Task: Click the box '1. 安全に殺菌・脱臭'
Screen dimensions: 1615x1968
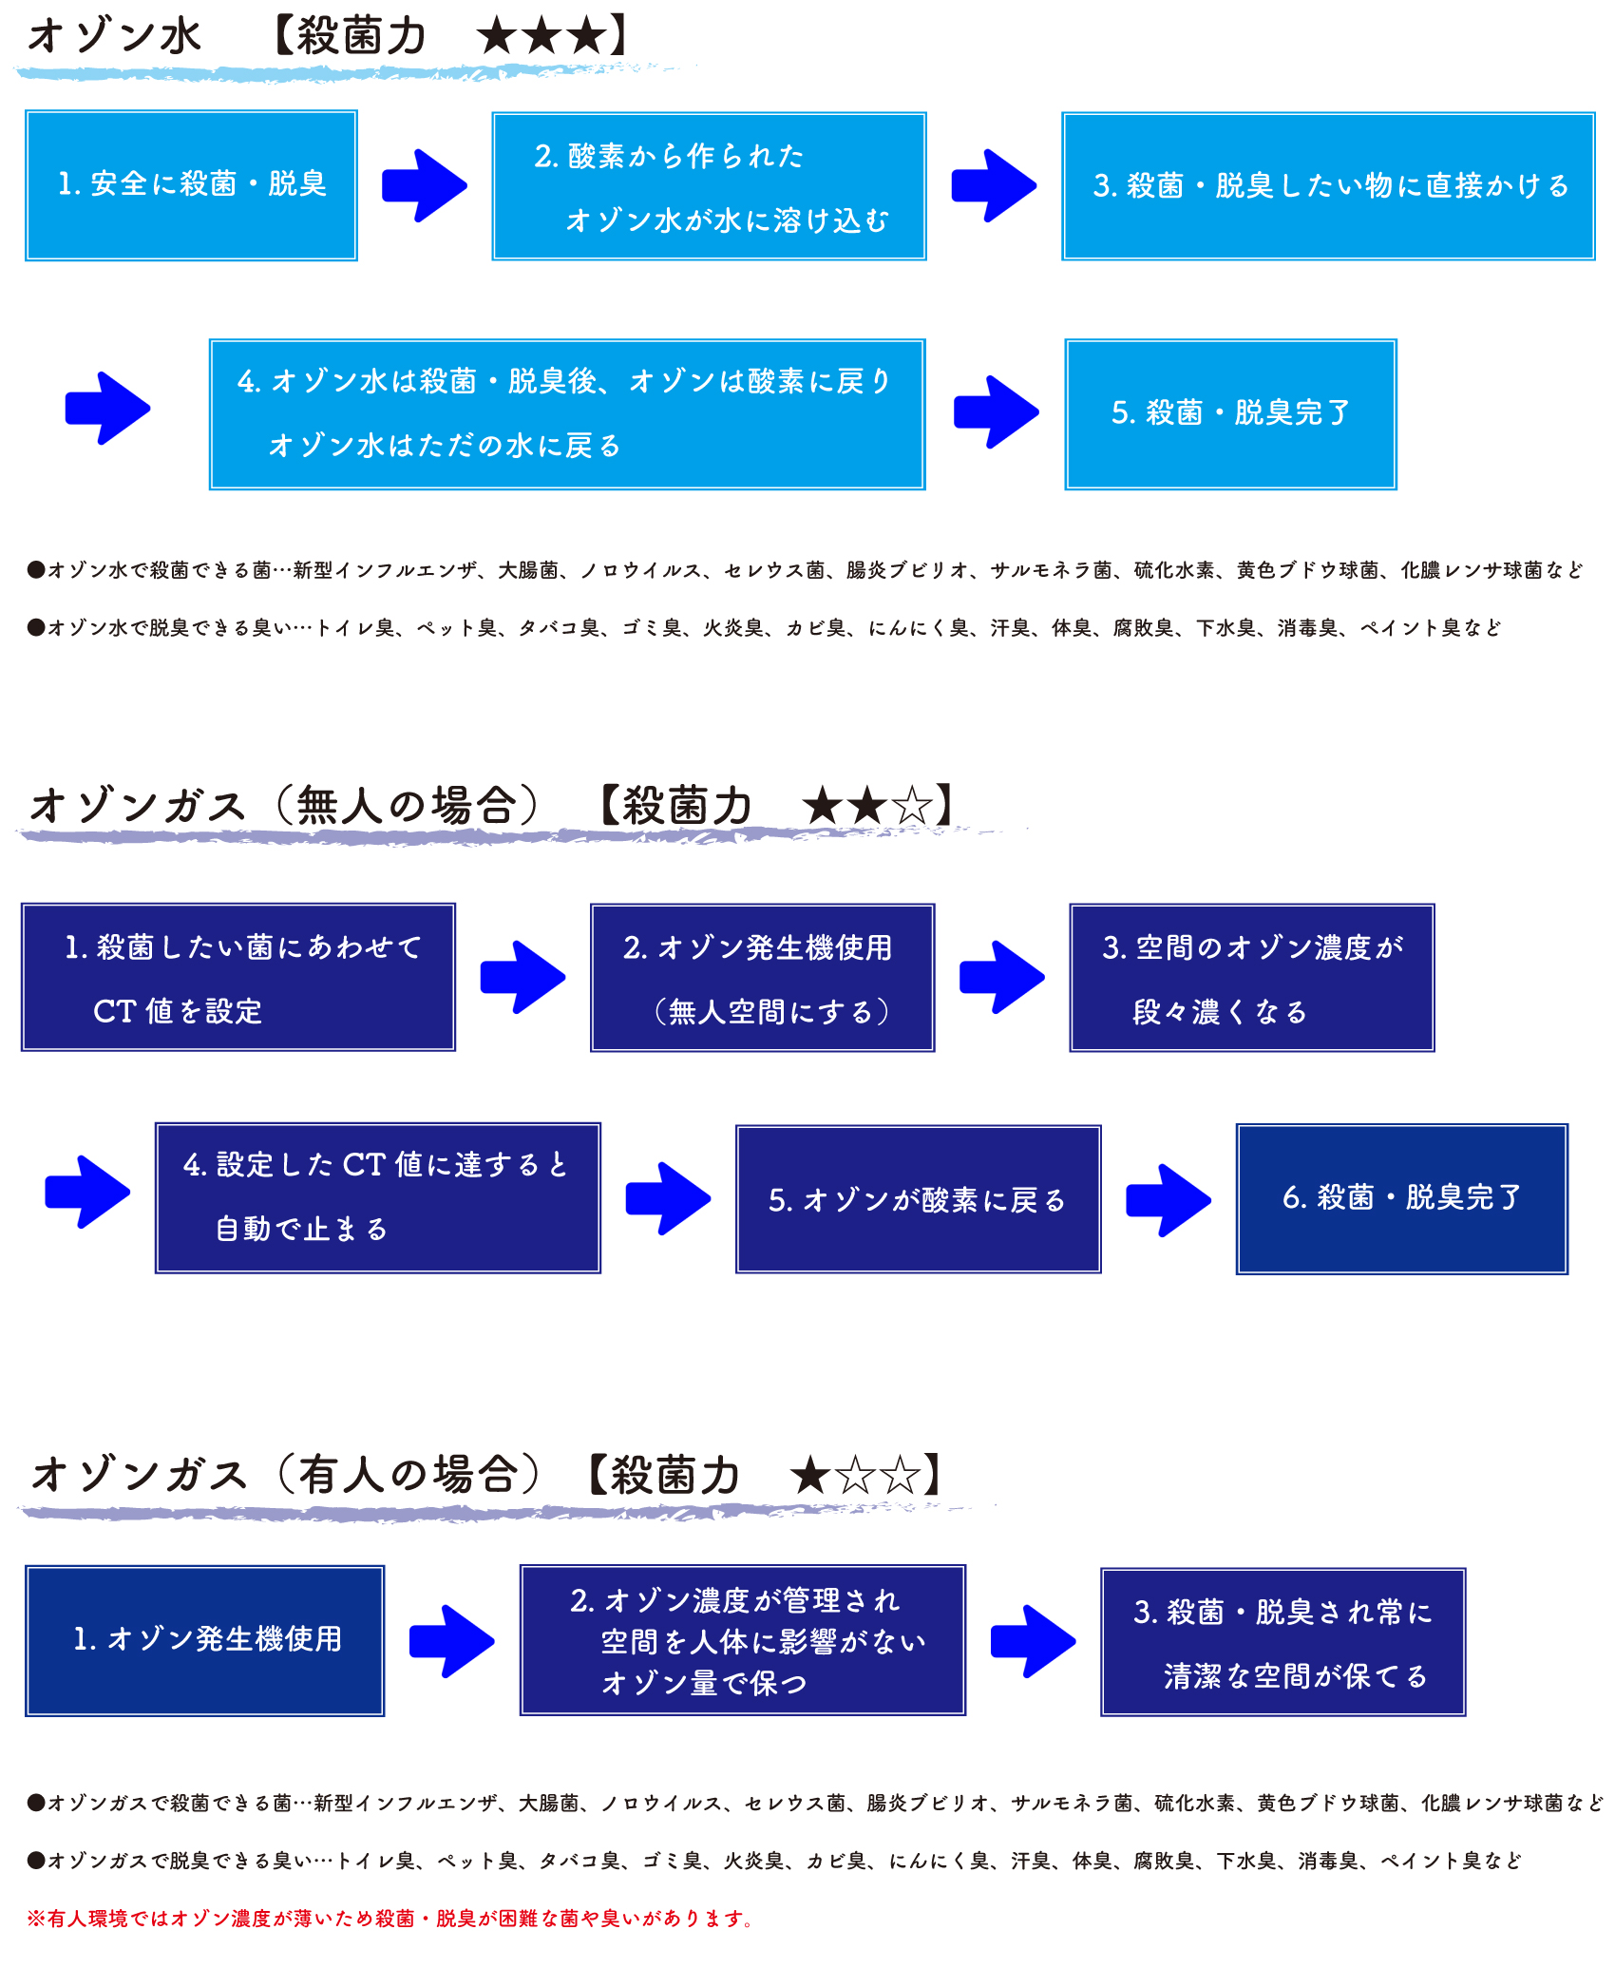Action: (x=191, y=185)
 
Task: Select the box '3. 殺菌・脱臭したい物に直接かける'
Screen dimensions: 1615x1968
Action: (x=1328, y=186)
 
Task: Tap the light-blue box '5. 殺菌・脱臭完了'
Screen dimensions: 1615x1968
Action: (x=1230, y=414)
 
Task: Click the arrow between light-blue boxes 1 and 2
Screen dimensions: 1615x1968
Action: (x=425, y=185)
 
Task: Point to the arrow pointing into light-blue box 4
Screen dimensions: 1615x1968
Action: (x=107, y=409)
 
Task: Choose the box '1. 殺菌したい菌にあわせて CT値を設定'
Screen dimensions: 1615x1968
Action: (x=238, y=977)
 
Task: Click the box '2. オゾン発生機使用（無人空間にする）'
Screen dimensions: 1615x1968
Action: (x=762, y=978)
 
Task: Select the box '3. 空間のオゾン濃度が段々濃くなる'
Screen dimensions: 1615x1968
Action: (x=1252, y=978)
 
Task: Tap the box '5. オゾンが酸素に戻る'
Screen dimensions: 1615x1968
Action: (x=918, y=1199)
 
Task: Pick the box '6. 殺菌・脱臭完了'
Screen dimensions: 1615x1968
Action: (x=1401, y=1199)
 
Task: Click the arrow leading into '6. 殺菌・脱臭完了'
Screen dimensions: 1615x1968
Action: (x=1168, y=1200)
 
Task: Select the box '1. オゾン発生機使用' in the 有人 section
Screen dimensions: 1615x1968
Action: (x=204, y=1641)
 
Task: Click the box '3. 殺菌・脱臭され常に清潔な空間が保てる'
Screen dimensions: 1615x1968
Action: (x=1283, y=1642)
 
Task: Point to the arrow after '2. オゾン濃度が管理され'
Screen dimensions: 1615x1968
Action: (x=1033, y=1641)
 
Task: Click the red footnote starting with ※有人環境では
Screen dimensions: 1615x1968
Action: (x=390, y=1919)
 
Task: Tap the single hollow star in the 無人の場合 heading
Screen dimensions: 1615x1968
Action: (x=913, y=806)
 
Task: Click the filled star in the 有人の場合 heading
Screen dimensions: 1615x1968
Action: (x=810, y=1476)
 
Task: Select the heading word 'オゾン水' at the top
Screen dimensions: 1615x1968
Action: (x=115, y=37)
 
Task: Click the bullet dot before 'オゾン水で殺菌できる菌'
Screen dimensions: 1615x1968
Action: (x=36, y=570)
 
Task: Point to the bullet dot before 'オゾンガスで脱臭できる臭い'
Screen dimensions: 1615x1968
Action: (x=36, y=1861)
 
